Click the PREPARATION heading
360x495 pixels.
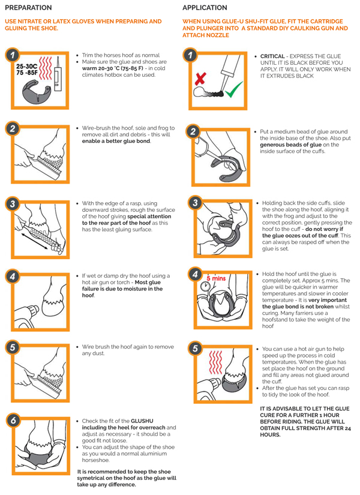click(28, 8)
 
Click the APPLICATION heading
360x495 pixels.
click(205, 8)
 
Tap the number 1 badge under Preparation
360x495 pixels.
click(13, 56)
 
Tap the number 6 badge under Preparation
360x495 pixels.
click(13, 421)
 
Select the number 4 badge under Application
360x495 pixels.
click(195, 274)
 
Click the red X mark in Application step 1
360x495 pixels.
click(200, 79)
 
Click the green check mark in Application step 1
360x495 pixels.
click(233, 89)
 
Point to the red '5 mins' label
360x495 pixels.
click(217, 278)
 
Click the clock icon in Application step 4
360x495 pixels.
click(205, 287)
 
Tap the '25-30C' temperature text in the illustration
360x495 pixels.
click(27, 67)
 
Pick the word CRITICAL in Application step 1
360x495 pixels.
click(272, 56)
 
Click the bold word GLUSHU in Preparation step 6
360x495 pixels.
click(142, 421)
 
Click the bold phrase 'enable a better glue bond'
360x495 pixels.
click(116, 141)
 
